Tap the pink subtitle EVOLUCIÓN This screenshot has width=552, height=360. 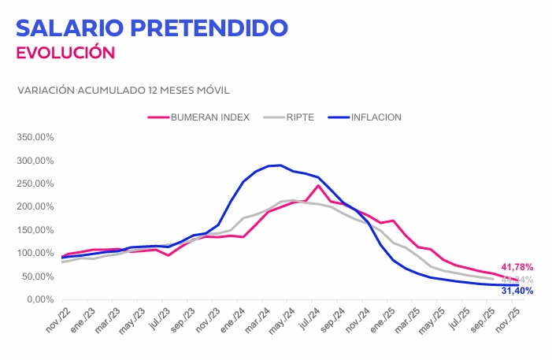[65, 53]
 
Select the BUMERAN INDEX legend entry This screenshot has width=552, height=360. [210, 117]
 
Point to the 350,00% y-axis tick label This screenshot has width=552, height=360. [35, 137]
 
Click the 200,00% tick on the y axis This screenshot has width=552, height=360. [35, 206]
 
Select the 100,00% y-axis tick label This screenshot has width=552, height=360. [35, 253]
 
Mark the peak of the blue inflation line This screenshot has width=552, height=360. [280, 165]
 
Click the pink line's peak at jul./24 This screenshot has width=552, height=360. [318, 185]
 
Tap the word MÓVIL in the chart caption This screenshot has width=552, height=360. [210, 90]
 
